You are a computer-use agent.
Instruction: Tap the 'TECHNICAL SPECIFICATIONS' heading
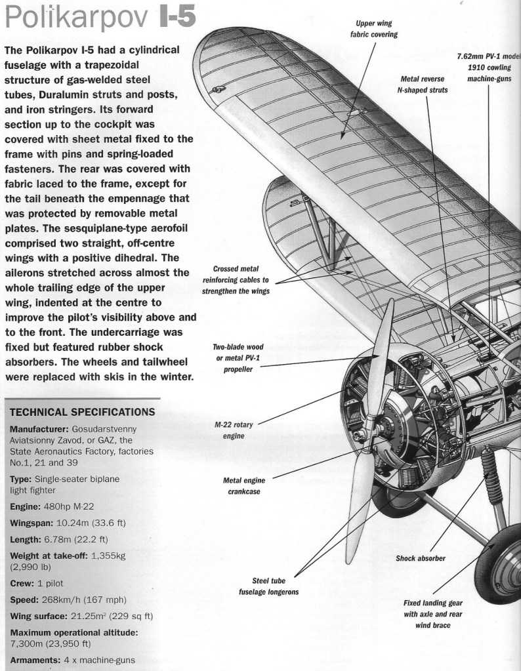click(83, 412)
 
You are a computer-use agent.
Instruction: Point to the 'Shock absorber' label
click(421, 559)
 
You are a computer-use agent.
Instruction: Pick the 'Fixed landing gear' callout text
click(434, 613)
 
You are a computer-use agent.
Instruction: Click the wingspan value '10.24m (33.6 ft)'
click(89, 523)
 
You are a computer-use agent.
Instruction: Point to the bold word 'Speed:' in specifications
click(25, 600)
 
